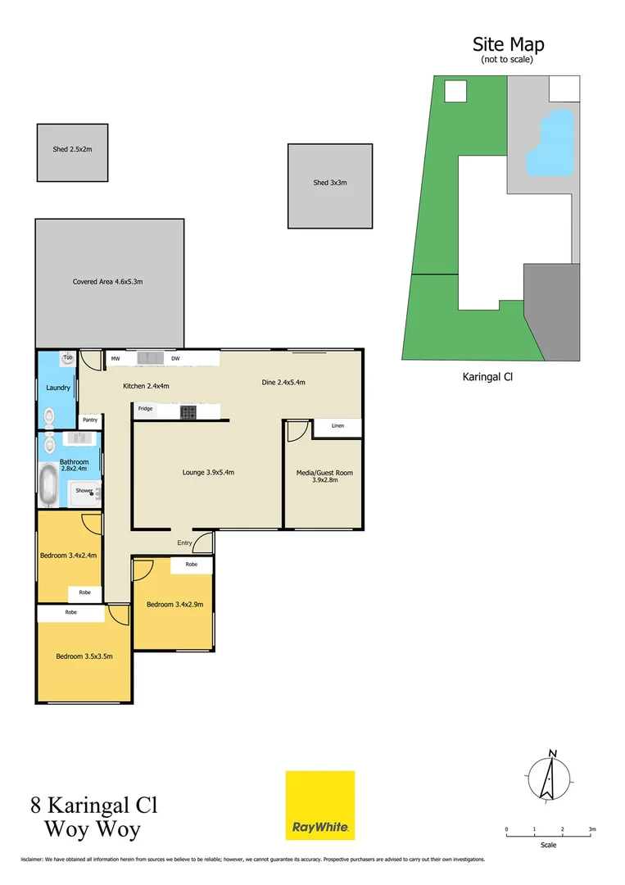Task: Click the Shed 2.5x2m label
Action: pyautogui.click(x=71, y=149)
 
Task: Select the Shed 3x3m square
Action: pyautogui.click(x=329, y=186)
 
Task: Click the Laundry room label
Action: pyautogui.click(x=57, y=388)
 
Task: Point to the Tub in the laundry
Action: pyautogui.click(x=68, y=358)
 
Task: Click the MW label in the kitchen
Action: pyautogui.click(x=116, y=359)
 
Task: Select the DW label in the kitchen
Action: pyautogui.click(x=175, y=359)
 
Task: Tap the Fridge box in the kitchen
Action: pyautogui.click(x=145, y=409)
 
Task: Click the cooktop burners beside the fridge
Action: pyautogui.click(x=188, y=411)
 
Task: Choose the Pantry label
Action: pyautogui.click(x=89, y=420)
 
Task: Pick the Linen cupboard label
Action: pyautogui.click(x=337, y=426)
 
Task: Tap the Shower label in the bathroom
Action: pyautogui.click(x=84, y=491)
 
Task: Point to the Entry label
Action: pyautogui.click(x=184, y=542)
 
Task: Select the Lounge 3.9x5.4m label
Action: pyautogui.click(x=208, y=472)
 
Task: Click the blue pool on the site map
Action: pyautogui.click(x=548, y=144)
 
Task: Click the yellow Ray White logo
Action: pyautogui.click(x=319, y=805)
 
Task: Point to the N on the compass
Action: pyautogui.click(x=553, y=753)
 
